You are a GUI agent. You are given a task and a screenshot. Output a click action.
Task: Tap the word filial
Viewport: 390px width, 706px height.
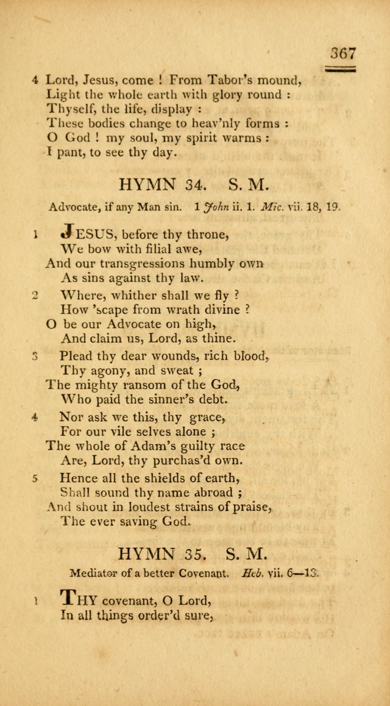(x=139, y=248)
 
